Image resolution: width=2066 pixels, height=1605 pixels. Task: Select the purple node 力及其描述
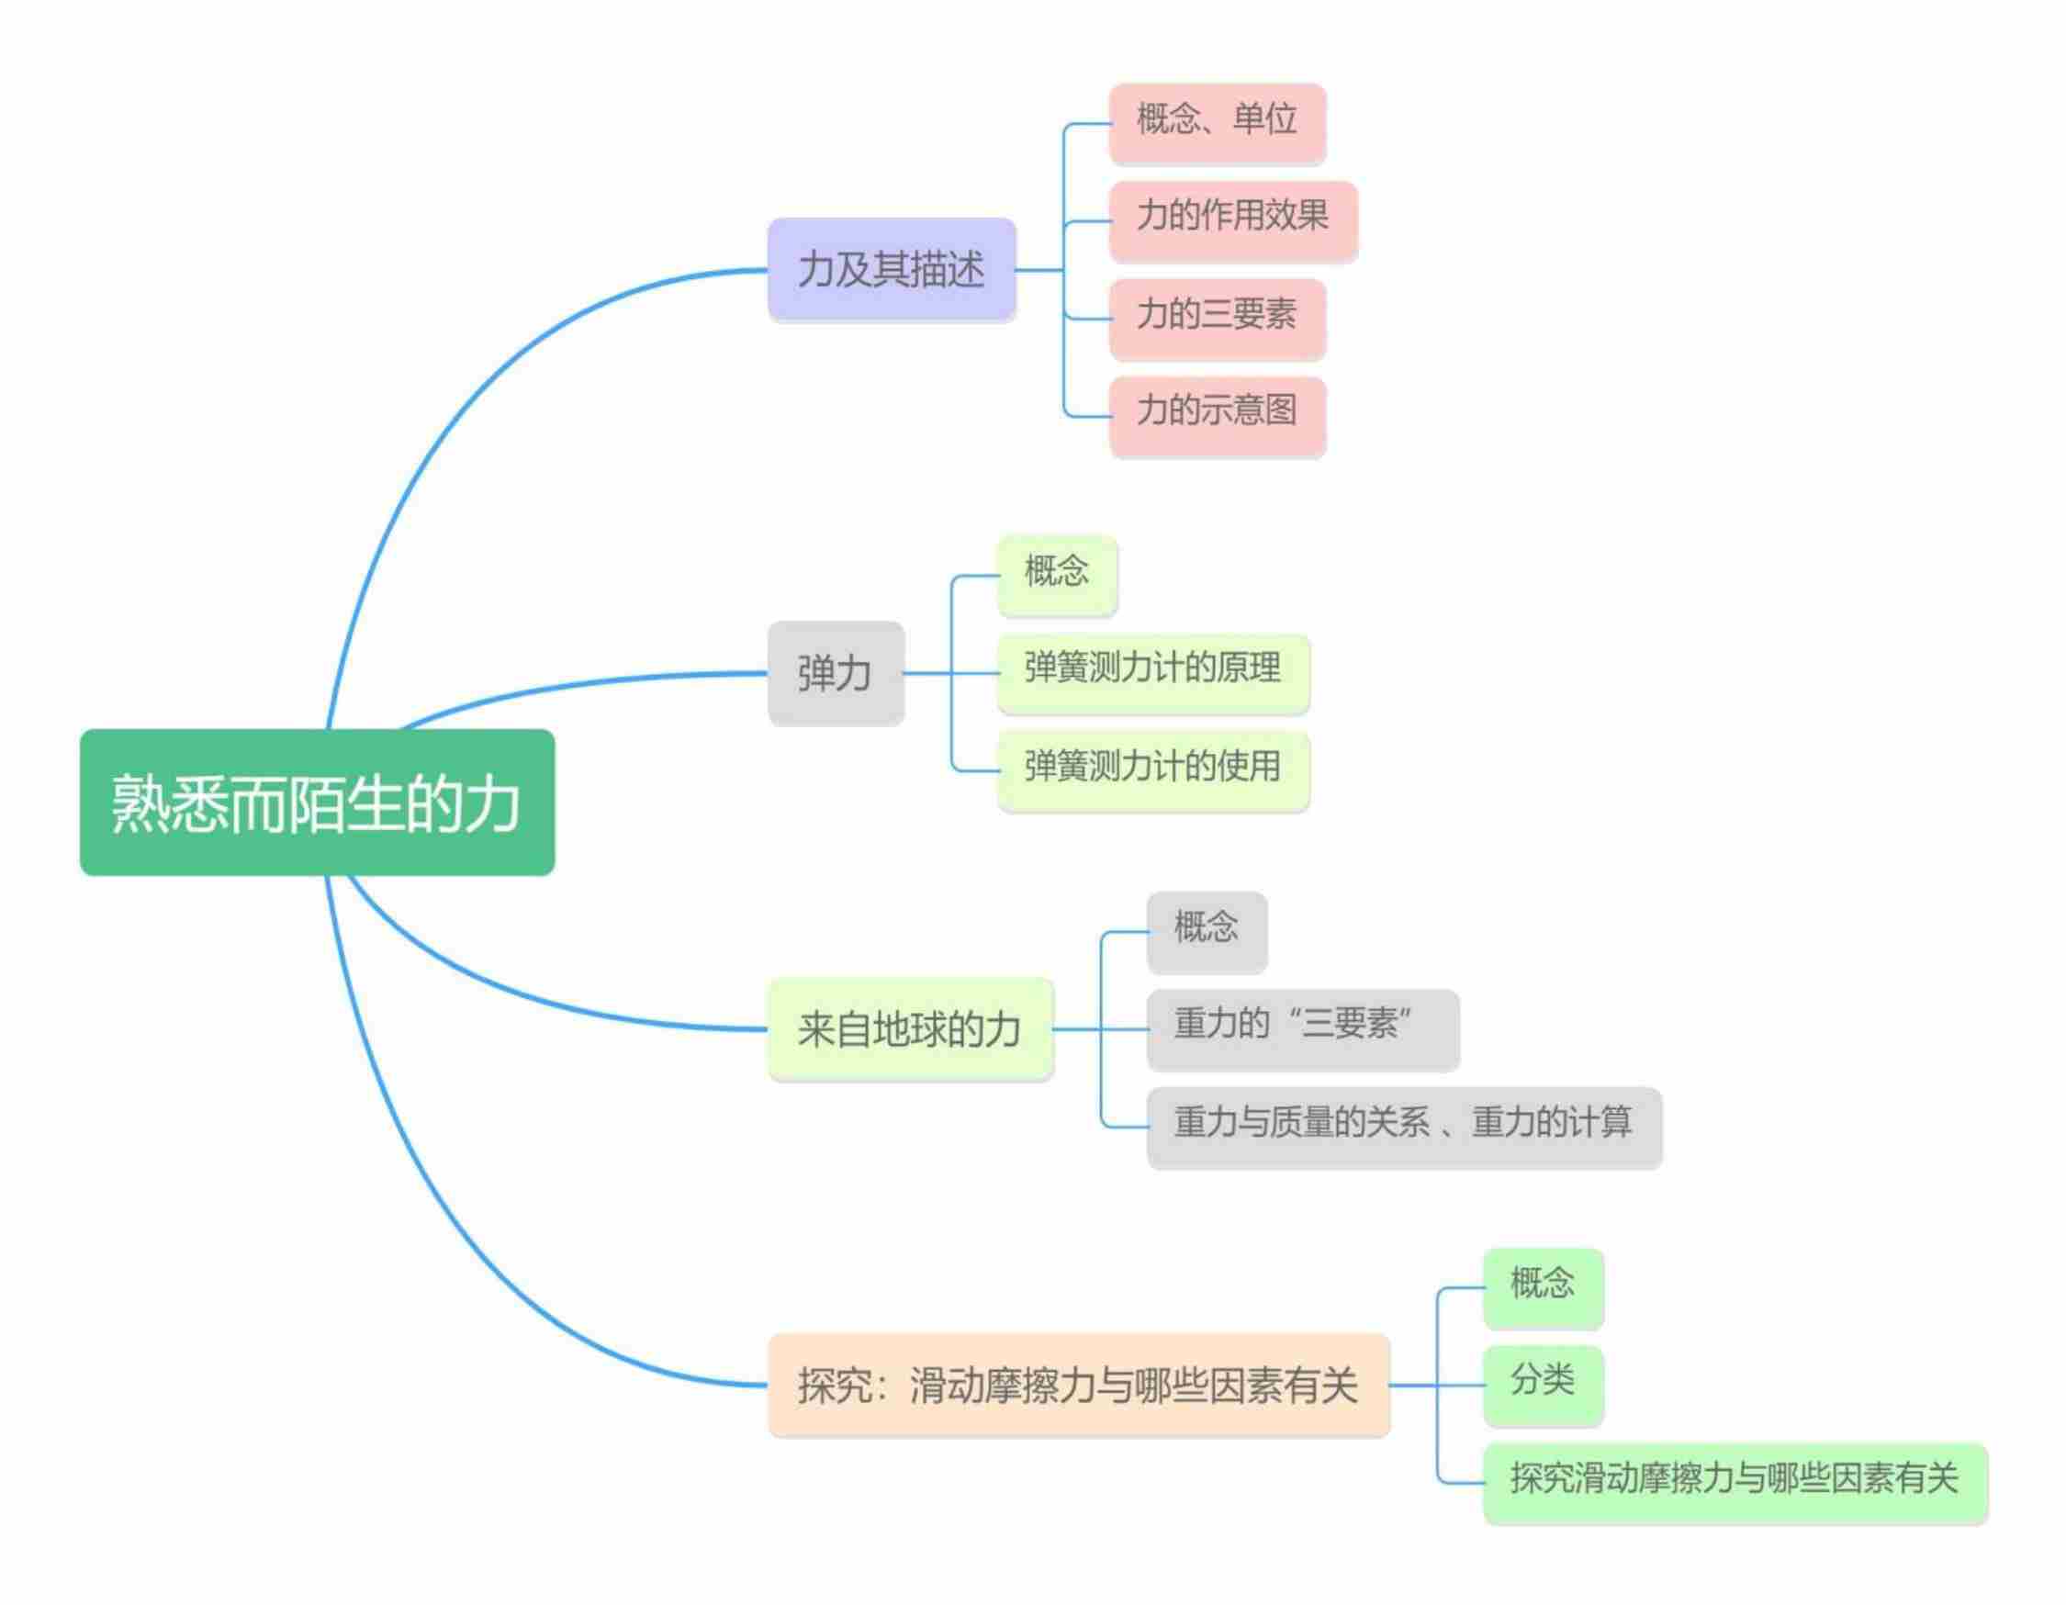[891, 270]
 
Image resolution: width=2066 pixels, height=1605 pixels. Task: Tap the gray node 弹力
[836, 673]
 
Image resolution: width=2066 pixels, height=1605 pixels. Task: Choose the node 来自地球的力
[909, 1029]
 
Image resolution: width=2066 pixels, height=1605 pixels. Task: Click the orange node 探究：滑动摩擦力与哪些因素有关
[1078, 1386]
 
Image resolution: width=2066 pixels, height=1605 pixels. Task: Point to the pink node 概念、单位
[1217, 122]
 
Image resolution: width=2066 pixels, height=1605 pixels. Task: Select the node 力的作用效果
[1232, 219]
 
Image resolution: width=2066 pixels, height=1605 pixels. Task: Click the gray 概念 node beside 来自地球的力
[1207, 932]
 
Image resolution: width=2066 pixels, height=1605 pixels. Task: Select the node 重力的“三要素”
[1303, 1029]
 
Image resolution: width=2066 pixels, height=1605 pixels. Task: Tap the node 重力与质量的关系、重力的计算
[1404, 1127]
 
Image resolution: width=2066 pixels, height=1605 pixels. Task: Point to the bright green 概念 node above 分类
[1543, 1287]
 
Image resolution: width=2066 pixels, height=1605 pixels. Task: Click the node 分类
[1543, 1385]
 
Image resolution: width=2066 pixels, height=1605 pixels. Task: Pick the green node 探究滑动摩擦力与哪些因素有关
[1734, 1482]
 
